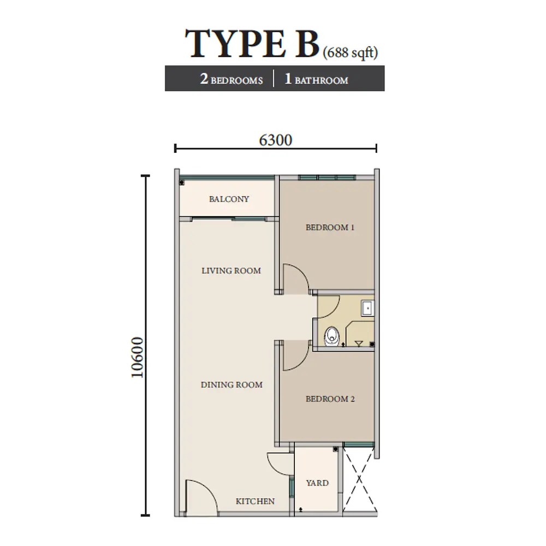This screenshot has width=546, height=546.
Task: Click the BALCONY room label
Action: click(x=229, y=199)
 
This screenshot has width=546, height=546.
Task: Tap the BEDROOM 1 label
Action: click(x=330, y=227)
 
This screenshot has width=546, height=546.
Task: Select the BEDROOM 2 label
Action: click(x=330, y=399)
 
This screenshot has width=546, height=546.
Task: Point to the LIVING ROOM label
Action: click(x=231, y=270)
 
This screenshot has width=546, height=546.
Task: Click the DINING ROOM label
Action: click(x=232, y=384)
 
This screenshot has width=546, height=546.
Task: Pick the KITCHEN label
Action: click(x=255, y=501)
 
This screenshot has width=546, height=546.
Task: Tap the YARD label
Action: click(x=317, y=483)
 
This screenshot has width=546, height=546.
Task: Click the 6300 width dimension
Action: click(x=276, y=140)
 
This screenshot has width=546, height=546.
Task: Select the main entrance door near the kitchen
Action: click(x=199, y=497)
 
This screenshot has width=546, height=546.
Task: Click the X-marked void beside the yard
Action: click(x=360, y=478)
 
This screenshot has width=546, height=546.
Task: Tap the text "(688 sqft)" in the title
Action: click(x=350, y=52)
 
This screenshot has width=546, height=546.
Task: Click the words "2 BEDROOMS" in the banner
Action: click(x=232, y=80)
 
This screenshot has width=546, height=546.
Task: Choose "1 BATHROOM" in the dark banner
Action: click(x=316, y=80)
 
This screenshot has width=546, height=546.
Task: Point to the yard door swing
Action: click(x=281, y=464)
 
